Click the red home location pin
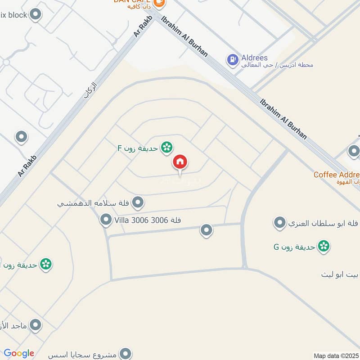(x=180, y=162)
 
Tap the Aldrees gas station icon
(x=232, y=59)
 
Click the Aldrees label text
(x=254, y=58)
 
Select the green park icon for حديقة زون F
(x=167, y=147)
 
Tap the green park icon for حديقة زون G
(x=323, y=246)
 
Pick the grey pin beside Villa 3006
(x=106, y=220)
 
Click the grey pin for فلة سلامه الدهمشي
(x=138, y=202)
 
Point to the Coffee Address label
(x=336, y=175)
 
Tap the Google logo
(x=19, y=354)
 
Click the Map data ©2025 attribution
(x=336, y=355)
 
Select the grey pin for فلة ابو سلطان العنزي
(x=280, y=222)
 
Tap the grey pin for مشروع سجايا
(x=127, y=354)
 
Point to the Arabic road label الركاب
(x=90, y=90)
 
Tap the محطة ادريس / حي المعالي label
(x=283, y=65)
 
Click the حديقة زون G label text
(x=294, y=247)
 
